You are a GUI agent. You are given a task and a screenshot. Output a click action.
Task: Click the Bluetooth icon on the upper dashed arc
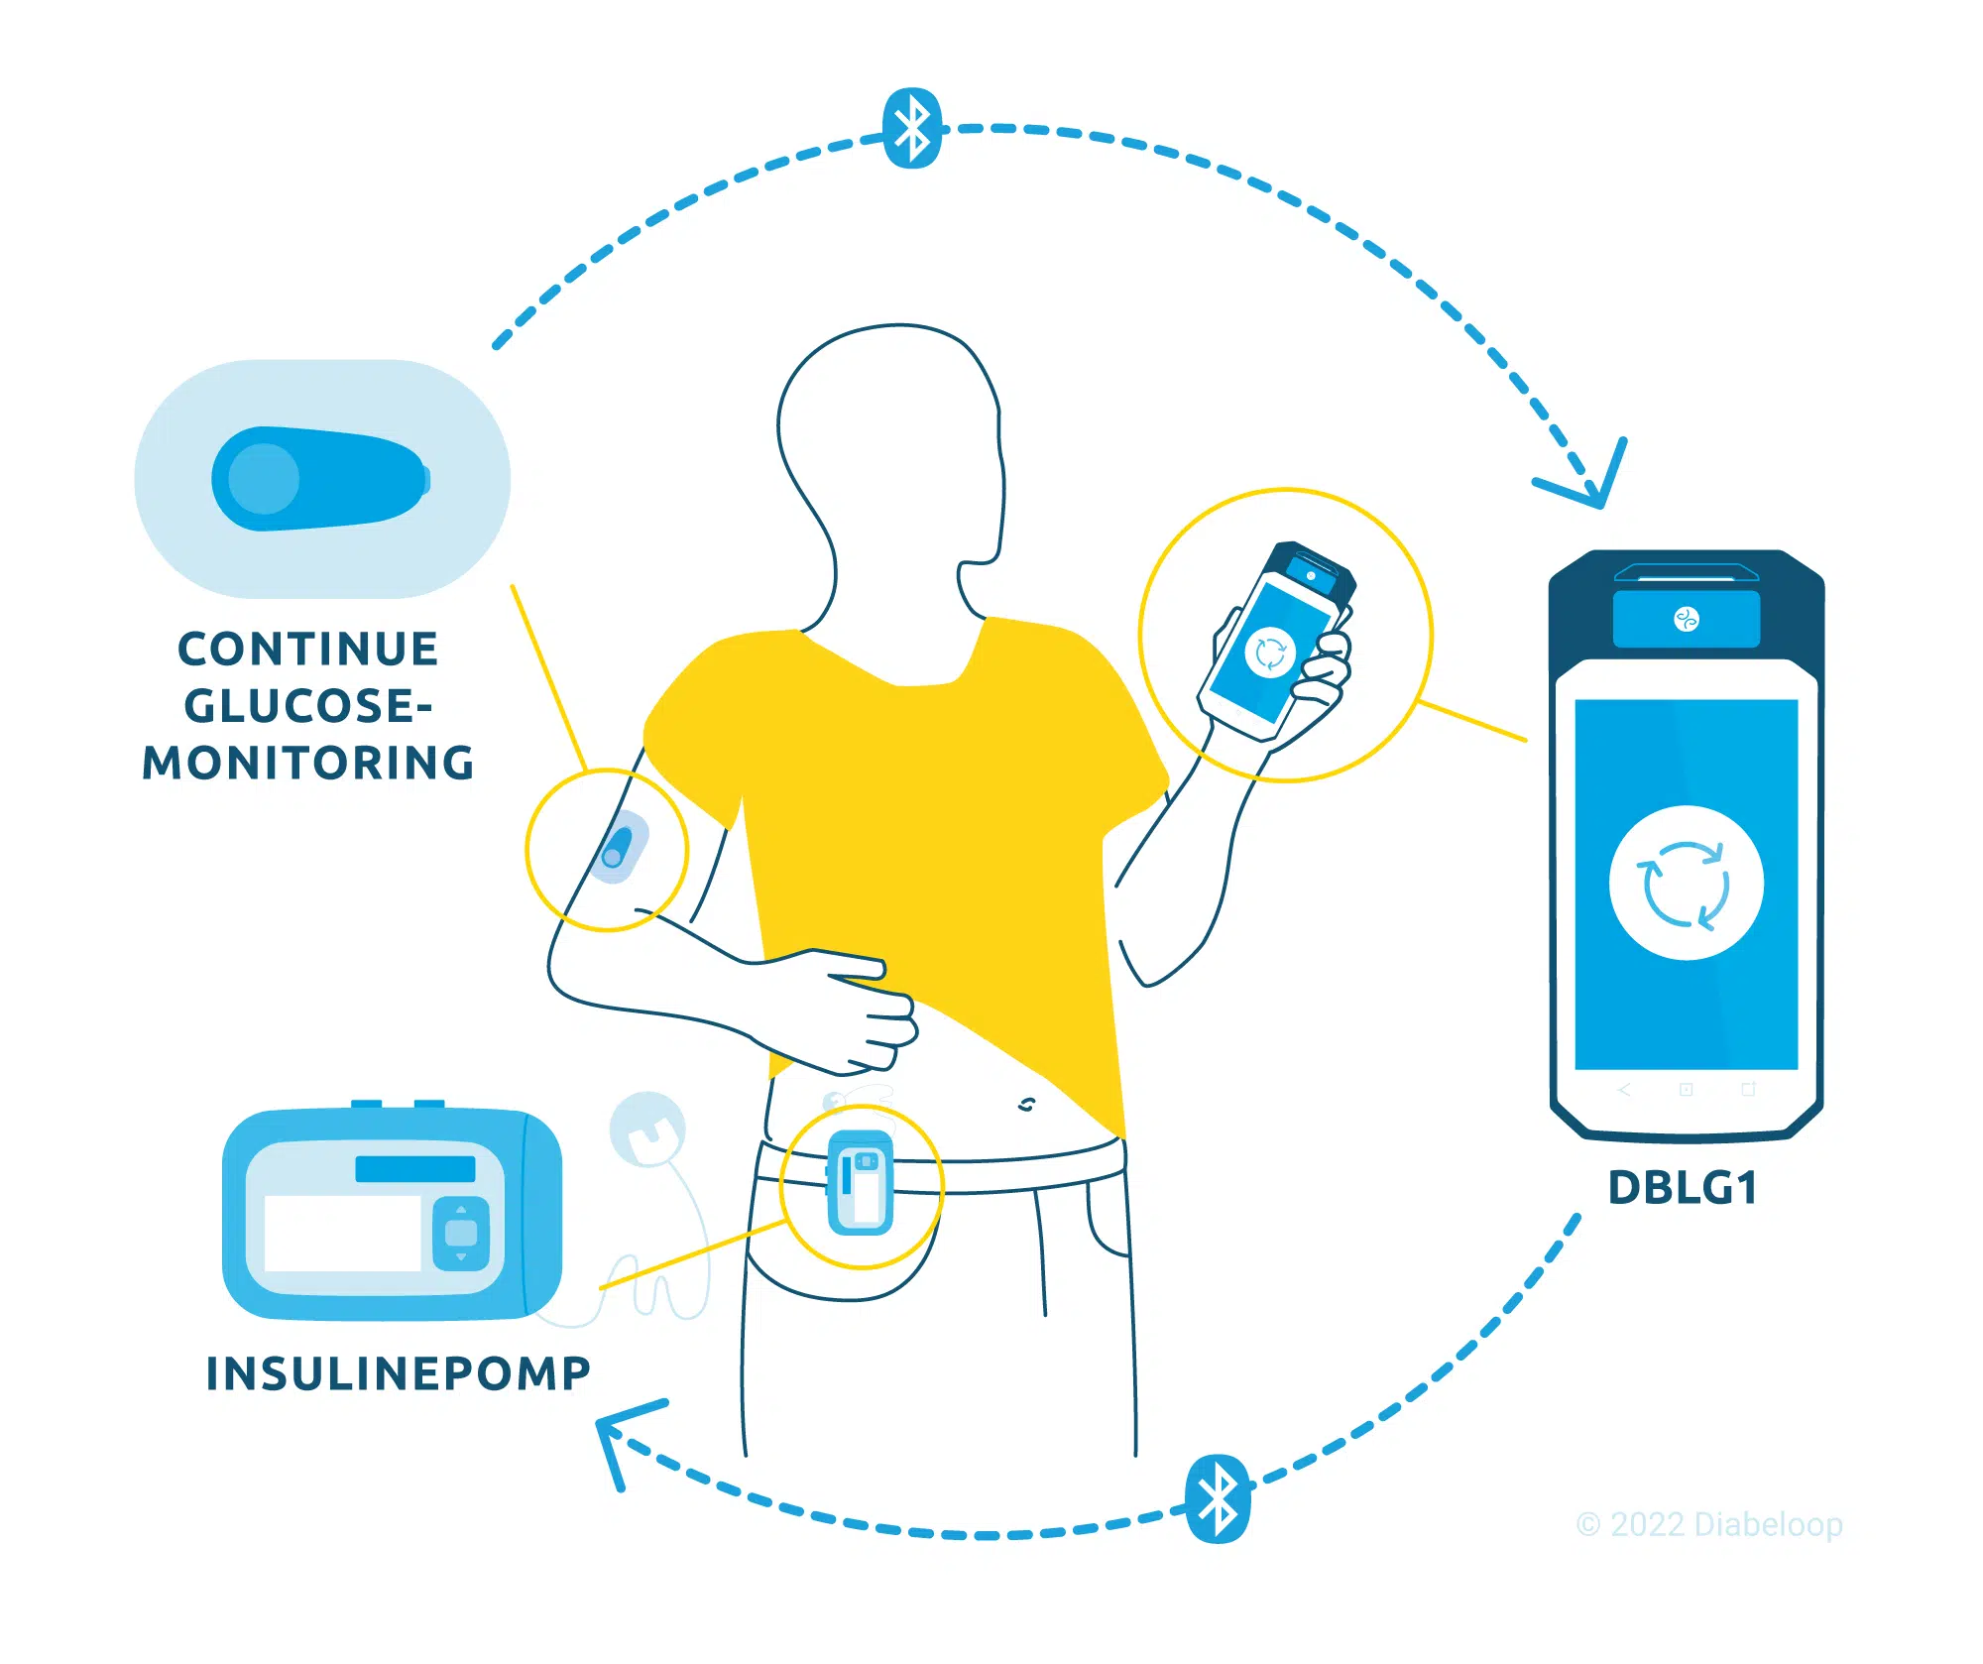tap(912, 129)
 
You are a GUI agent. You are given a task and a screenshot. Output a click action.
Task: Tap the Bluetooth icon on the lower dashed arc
tap(1219, 1498)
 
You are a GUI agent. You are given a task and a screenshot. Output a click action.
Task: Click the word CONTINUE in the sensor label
tap(307, 650)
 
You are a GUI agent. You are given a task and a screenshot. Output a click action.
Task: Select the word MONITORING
tap(308, 763)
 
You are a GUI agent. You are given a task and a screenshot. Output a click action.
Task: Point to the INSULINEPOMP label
tap(398, 1373)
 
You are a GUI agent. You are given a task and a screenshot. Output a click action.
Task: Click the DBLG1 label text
tap(1683, 1187)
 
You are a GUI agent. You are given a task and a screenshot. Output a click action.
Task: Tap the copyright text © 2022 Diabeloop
tap(1709, 1524)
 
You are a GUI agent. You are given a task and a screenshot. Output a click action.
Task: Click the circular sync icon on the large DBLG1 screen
tap(1686, 883)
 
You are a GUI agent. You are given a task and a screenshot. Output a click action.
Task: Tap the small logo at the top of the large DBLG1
tap(1687, 620)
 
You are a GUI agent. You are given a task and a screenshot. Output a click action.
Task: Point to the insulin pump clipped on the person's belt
tap(861, 1182)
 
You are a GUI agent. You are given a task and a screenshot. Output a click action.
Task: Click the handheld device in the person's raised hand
tap(1276, 641)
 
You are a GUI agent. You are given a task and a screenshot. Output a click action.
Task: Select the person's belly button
tap(1026, 1104)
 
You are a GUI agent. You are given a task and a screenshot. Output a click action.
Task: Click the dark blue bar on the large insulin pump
tap(415, 1168)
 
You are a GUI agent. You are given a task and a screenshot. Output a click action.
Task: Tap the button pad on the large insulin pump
tap(461, 1233)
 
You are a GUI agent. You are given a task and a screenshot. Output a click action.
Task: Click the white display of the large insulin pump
tap(343, 1233)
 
